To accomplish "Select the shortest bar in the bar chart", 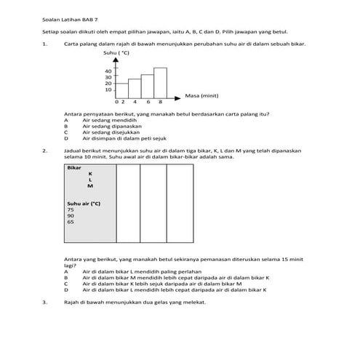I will (121, 89).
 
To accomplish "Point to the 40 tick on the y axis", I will (108, 71).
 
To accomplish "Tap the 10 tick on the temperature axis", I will (108, 89).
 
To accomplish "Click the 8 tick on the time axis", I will (161, 101).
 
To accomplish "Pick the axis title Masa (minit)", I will (202, 95).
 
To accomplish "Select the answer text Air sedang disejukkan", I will (108, 131).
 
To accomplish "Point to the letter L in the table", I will (90, 180).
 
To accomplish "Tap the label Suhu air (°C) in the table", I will (83, 204).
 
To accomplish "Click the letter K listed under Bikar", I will (90, 174).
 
